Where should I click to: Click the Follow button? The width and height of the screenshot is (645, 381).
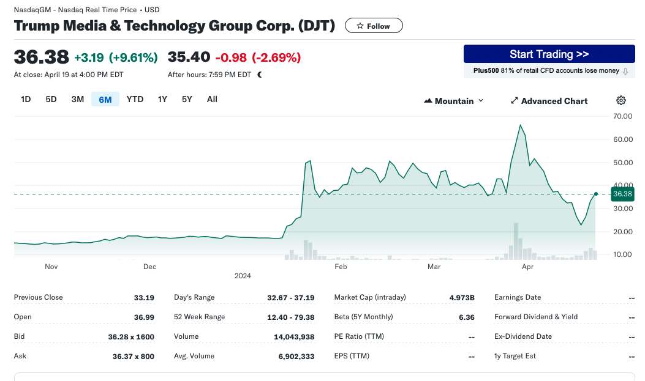(x=374, y=26)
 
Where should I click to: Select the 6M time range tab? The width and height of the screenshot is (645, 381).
(x=105, y=99)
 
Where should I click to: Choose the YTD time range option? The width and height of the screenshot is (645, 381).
(x=135, y=99)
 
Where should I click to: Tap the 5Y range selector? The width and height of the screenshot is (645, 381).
(x=187, y=99)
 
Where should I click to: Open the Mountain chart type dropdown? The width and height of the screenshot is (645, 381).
(x=454, y=101)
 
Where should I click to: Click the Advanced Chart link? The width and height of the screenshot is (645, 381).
(x=549, y=101)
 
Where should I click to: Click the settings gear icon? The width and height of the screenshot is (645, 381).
(x=621, y=100)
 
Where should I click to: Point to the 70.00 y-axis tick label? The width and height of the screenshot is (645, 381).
(x=623, y=116)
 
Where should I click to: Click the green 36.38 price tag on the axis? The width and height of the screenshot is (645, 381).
(x=622, y=194)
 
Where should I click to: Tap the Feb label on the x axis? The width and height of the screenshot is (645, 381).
(x=341, y=267)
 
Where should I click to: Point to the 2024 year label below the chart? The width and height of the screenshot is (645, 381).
(x=243, y=276)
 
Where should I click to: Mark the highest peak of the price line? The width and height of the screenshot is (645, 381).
(x=521, y=125)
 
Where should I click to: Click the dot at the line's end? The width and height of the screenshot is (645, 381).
(x=595, y=194)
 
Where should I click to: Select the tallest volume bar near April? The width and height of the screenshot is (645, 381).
(x=516, y=242)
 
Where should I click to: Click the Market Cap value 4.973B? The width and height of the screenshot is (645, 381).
(x=462, y=298)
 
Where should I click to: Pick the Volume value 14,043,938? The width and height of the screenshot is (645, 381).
(x=294, y=337)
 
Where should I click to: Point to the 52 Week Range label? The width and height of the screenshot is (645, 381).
(x=200, y=317)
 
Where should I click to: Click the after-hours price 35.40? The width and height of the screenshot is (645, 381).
(x=189, y=57)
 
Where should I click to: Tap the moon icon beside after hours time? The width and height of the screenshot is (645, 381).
(x=260, y=75)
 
